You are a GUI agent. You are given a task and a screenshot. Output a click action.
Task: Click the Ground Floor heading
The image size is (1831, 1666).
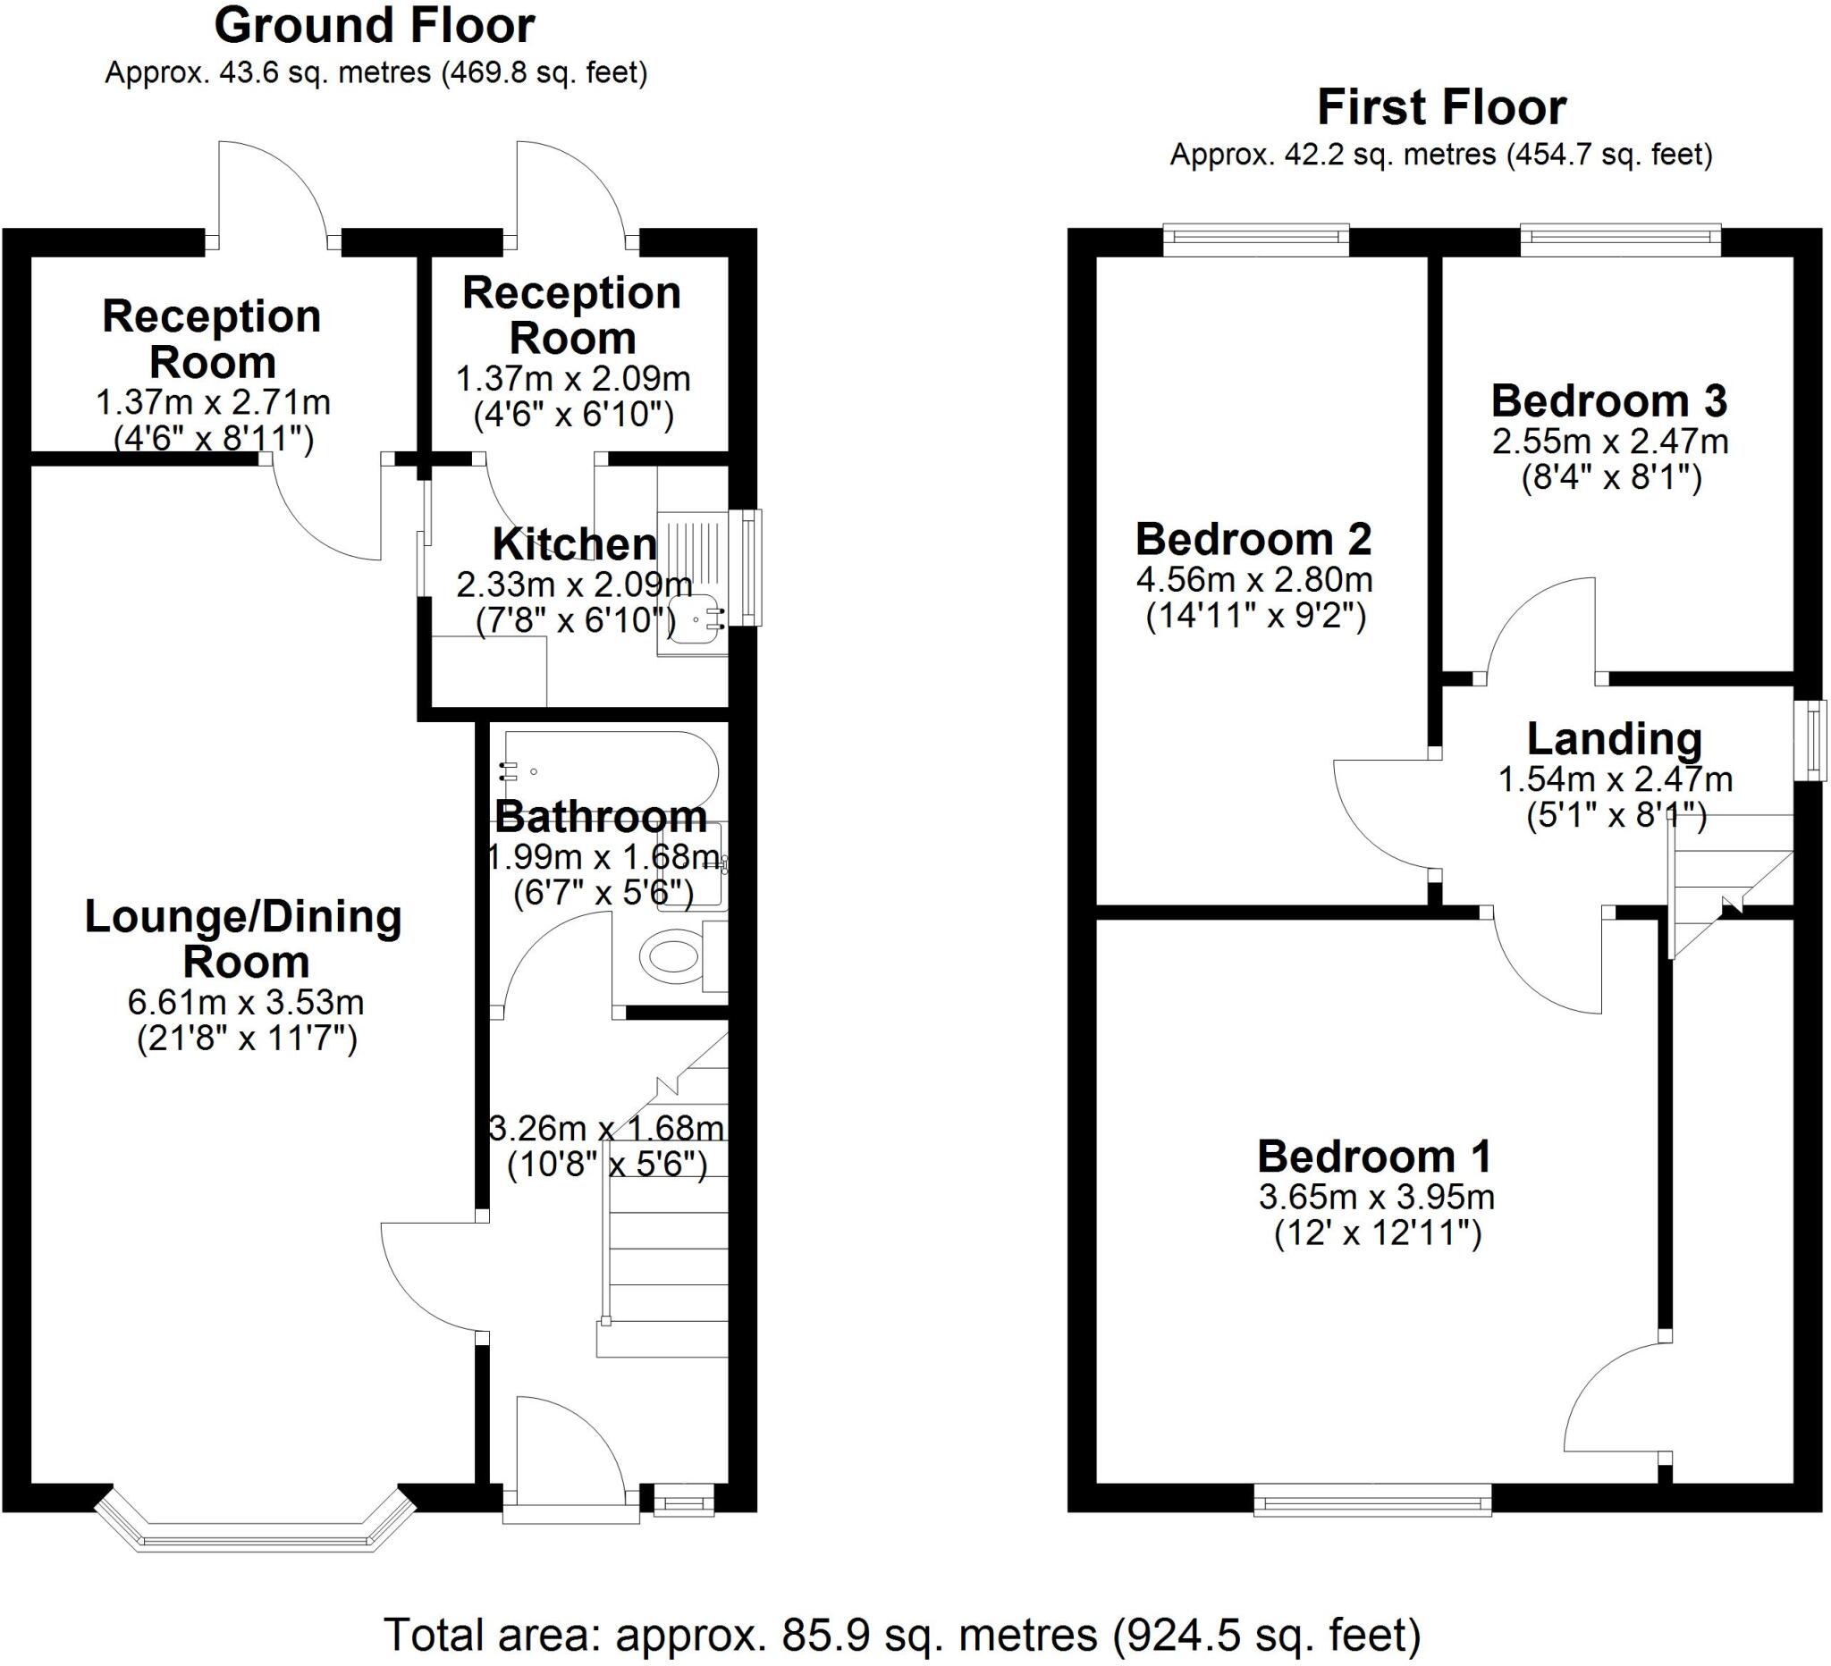click(x=375, y=26)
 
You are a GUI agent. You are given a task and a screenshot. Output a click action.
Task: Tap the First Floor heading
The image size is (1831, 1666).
click(x=1441, y=108)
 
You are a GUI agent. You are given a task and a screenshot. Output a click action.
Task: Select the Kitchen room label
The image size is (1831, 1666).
click(x=574, y=544)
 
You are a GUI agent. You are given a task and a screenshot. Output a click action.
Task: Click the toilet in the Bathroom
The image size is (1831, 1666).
click(x=672, y=956)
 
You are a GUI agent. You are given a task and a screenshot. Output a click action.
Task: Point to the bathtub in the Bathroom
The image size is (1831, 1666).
click(x=609, y=770)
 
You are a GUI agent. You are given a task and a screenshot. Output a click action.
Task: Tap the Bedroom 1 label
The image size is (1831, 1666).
click(x=1374, y=1157)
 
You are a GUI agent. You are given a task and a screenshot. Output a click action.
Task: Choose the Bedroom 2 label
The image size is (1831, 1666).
click(x=1253, y=539)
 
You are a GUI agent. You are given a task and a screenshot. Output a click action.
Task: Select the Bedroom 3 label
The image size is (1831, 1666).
click(x=1609, y=400)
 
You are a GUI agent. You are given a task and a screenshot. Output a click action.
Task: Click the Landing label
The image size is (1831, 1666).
click(x=1614, y=739)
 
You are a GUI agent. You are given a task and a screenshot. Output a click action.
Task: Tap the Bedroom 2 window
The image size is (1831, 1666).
click(x=1256, y=240)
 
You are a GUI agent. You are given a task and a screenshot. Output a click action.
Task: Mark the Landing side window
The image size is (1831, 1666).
click(x=1815, y=740)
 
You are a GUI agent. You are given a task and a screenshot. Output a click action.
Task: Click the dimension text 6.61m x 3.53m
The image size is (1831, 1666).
click(x=246, y=1002)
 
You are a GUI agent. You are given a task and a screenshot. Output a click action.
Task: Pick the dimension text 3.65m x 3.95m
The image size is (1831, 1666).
click(x=1376, y=1197)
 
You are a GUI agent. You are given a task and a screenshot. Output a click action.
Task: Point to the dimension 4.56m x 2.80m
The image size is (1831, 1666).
click(x=1254, y=579)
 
